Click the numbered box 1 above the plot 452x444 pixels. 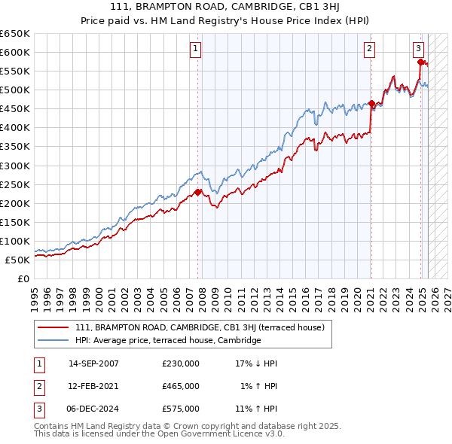(195, 49)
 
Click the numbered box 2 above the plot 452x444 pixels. (370, 49)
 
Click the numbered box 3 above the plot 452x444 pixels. (418, 49)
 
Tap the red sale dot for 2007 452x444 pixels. (198, 192)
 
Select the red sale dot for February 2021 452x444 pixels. (371, 103)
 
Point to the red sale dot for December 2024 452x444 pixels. (420, 62)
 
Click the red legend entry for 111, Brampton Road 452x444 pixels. (200, 327)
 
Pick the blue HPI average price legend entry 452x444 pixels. (167, 340)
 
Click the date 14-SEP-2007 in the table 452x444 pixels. (93, 363)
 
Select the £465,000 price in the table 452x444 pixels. (181, 386)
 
